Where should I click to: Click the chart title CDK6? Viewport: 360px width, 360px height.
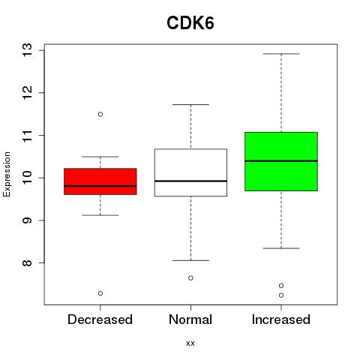tap(190, 23)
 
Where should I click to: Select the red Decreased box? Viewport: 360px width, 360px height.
tap(100, 181)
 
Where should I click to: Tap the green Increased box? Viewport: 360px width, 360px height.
tap(281, 161)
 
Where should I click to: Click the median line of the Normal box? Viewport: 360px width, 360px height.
tap(190, 181)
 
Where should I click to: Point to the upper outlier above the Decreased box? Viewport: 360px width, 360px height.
tap(100, 114)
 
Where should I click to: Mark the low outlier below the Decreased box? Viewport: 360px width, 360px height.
tap(100, 293)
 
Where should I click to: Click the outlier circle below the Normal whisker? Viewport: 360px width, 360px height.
tap(190, 277)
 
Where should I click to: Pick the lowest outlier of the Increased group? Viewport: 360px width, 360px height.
tap(281, 295)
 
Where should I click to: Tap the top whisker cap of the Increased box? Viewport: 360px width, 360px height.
tap(281, 54)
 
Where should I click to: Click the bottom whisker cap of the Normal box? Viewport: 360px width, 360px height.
tap(190, 260)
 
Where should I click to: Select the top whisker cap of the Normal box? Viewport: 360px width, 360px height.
tap(190, 104)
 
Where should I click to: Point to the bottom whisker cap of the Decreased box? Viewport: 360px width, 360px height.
tap(100, 215)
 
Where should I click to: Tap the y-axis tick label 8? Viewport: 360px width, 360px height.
tap(28, 262)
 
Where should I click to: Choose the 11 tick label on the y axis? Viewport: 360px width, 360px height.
tap(28, 135)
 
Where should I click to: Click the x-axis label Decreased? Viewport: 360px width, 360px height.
tap(100, 319)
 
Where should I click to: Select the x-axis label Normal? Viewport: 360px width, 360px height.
tap(190, 319)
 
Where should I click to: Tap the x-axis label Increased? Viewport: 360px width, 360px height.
tap(281, 319)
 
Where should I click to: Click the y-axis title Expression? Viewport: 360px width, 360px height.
tap(7, 174)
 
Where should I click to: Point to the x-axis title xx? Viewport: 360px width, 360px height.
tap(190, 343)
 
